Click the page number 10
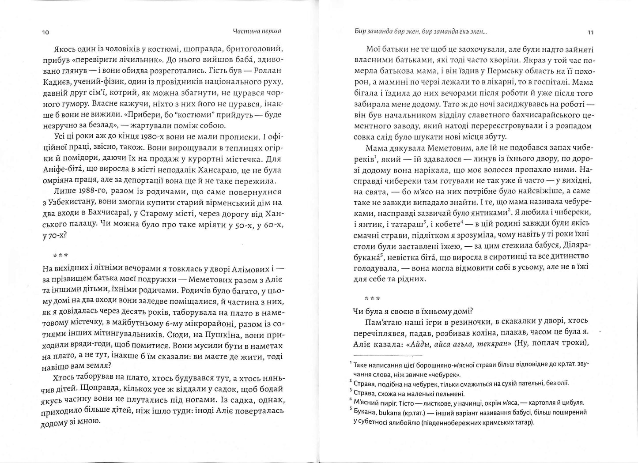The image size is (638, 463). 45,33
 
